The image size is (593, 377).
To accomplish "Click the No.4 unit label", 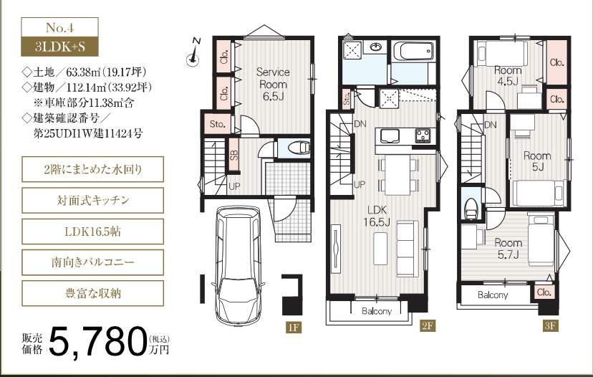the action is tap(59, 28).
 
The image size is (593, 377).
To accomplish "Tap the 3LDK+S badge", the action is tap(59, 47).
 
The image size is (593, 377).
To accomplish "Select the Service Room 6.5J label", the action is tap(273, 84).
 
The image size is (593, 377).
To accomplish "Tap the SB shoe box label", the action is tap(234, 153).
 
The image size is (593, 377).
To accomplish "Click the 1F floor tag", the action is tap(294, 327).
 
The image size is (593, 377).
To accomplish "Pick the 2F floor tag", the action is tap(428, 325).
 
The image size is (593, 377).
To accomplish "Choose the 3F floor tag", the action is tap(550, 325).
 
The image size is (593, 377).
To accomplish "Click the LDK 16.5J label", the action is tap(377, 216).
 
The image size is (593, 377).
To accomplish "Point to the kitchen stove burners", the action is tap(423, 135).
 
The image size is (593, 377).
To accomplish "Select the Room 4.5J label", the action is tap(508, 75).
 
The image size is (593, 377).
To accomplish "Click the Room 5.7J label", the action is tap(508, 248).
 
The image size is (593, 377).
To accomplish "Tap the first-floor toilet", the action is tap(299, 147).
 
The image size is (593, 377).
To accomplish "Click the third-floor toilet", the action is tap(471, 208).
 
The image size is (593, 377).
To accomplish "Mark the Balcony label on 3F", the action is tap(493, 295).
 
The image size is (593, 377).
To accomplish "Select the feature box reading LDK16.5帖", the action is tap(92, 232).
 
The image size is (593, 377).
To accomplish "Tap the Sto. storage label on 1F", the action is tap(217, 124).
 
